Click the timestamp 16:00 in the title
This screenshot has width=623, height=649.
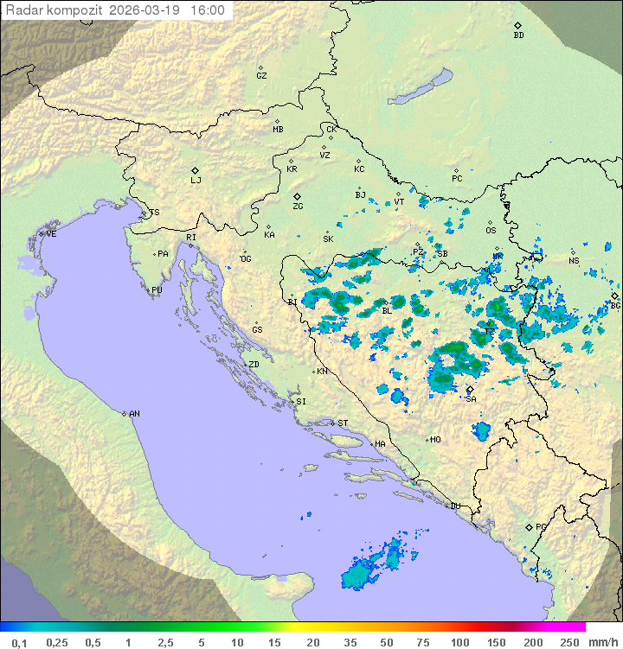pyautogui.click(x=207, y=11)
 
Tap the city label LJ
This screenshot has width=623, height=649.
pyautogui.click(x=196, y=181)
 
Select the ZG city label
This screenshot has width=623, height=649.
pyautogui.click(x=298, y=207)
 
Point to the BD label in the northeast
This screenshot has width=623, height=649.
pyautogui.click(x=518, y=35)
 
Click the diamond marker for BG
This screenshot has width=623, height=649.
pyautogui.click(x=614, y=296)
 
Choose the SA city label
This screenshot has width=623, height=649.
pyautogui.click(x=471, y=399)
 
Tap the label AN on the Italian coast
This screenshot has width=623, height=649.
pyautogui.click(x=134, y=414)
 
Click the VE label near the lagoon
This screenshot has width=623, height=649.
pyautogui.click(x=51, y=234)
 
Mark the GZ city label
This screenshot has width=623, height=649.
pyautogui.click(x=261, y=76)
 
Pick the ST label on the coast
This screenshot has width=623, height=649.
pyautogui.click(x=343, y=423)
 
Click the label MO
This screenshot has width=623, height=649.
pyautogui.click(x=435, y=440)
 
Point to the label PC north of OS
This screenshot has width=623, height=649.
pyautogui.click(x=457, y=179)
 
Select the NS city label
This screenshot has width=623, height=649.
pyautogui.click(x=574, y=261)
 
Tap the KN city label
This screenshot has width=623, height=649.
pyautogui.click(x=322, y=372)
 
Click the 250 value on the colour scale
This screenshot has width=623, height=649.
pyautogui.click(x=569, y=642)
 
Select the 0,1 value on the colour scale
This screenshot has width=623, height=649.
pyautogui.click(x=19, y=642)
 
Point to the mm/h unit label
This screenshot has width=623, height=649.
pyautogui.click(x=601, y=642)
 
